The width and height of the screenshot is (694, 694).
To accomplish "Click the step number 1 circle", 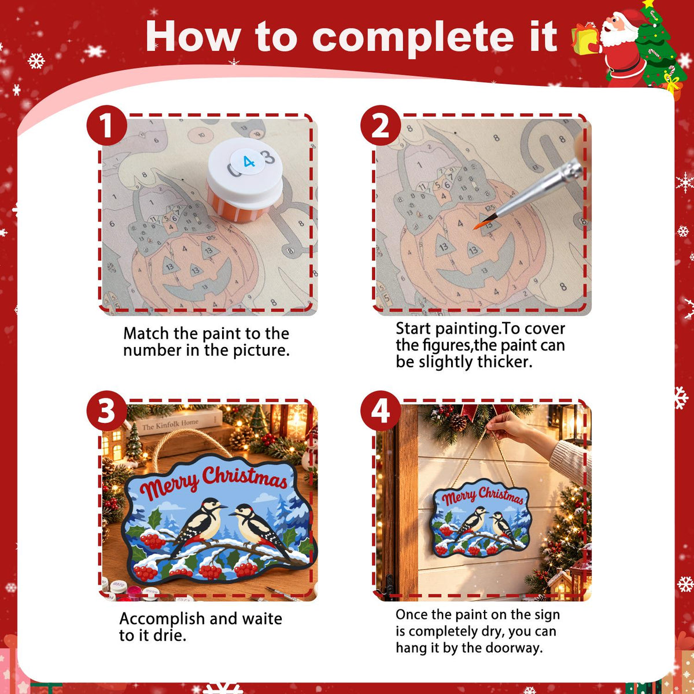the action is click(107, 125).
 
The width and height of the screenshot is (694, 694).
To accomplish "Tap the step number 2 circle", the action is click(381, 125).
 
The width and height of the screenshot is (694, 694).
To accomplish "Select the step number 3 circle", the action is click(107, 411).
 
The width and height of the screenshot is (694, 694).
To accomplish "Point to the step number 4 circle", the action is click(381, 411).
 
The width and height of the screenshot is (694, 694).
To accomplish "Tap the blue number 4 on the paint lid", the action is click(249, 162).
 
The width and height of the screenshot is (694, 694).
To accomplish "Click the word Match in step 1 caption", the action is click(146, 334).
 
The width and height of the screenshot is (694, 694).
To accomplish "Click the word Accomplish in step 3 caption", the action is click(162, 619).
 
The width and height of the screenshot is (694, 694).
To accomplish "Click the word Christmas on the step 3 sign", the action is click(245, 477).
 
